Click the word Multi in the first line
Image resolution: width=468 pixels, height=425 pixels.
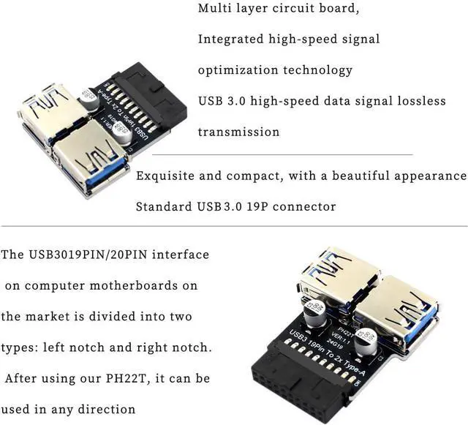215,10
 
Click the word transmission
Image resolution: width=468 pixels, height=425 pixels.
238,132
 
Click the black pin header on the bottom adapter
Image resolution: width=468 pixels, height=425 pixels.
310,382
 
